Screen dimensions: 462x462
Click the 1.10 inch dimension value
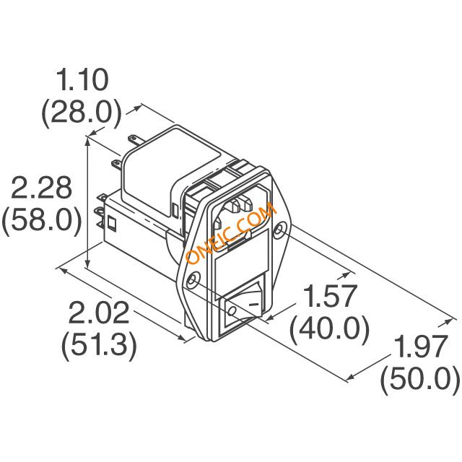point(83,80)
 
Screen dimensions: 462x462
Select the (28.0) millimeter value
point(82,113)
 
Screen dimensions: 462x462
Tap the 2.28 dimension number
point(41,188)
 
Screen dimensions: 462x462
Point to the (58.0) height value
point(42,220)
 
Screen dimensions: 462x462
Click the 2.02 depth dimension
point(99,313)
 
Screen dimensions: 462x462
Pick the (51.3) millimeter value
point(99,345)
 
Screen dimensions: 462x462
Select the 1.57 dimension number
point(331,296)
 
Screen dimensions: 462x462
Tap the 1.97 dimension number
point(419,346)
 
